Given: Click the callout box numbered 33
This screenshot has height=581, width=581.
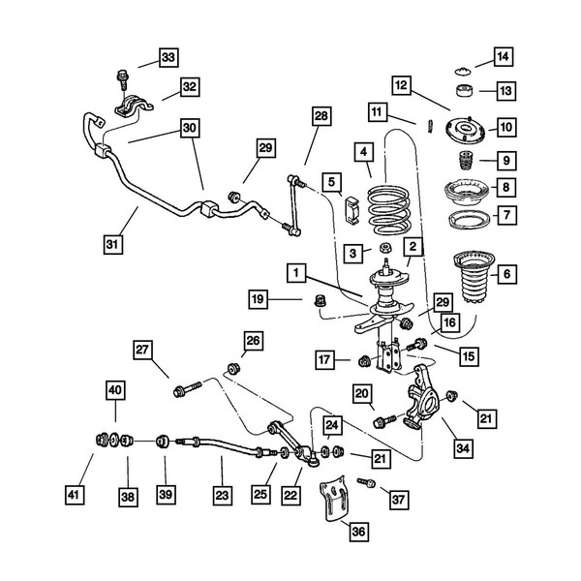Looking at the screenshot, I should (x=168, y=59).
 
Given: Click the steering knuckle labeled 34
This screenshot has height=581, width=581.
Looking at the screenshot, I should (x=423, y=398).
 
